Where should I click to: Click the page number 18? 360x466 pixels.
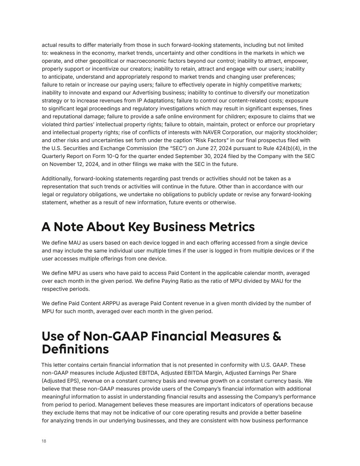coord(44,441)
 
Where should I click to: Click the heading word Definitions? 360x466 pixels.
coord(75,349)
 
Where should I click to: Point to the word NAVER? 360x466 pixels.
coord(213,132)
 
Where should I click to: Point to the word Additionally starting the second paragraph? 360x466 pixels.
coord(56,179)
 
